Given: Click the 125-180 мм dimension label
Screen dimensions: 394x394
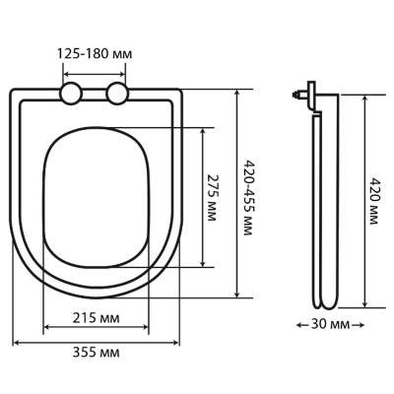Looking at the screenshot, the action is pyautogui.click(x=95, y=53).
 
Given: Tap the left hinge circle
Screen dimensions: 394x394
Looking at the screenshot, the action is pyautogui.click(x=71, y=94).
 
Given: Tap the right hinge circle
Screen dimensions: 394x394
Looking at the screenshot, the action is pyautogui.click(x=117, y=94).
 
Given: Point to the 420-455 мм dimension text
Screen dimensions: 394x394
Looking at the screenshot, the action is pyautogui.click(x=248, y=198).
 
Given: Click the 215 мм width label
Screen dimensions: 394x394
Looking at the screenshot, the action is pyautogui.click(x=97, y=317).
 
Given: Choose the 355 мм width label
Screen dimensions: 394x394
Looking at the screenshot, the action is pyautogui.click(x=97, y=353).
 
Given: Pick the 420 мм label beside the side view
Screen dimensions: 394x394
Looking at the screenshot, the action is pyautogui.click(x=373, y=201).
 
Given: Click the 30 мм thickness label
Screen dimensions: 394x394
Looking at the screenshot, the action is pyautogui.click(x=330, y=325).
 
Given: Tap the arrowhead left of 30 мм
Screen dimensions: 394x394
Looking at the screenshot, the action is pyautogui.click(x=299, y=325).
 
